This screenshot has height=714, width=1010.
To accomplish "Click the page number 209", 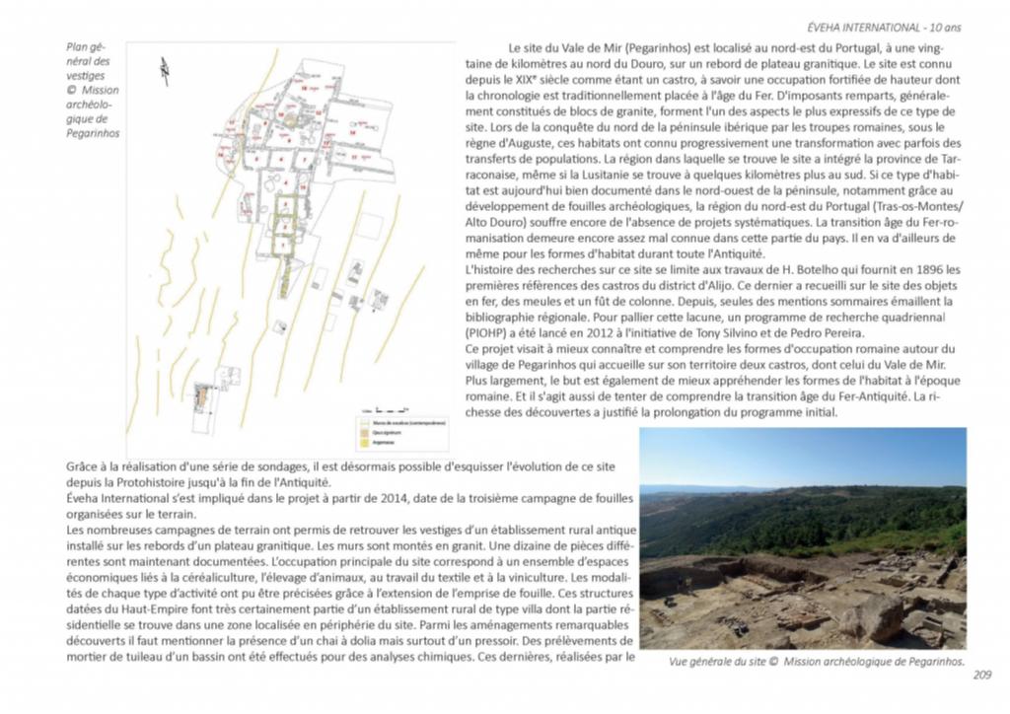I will (980, 676).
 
